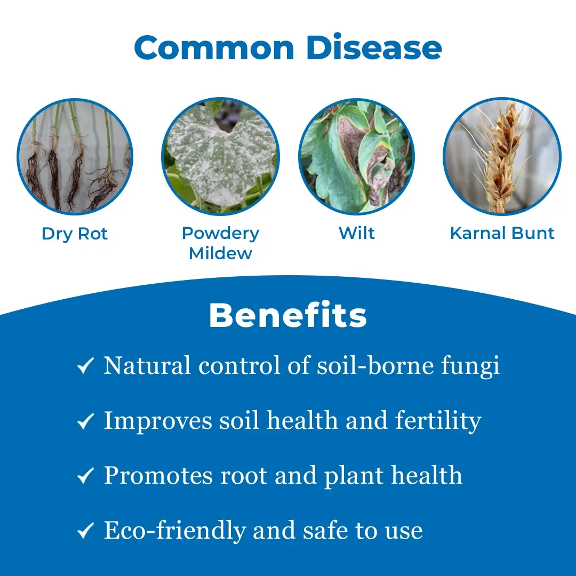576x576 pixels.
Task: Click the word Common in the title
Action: (214, 47)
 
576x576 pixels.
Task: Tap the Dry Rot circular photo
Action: (75, 157)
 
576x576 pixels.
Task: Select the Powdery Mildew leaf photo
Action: (220, 156)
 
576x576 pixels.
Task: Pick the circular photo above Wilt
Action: (357, 157)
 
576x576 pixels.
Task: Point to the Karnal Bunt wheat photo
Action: (502, 156)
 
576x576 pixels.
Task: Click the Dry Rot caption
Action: (75, 234)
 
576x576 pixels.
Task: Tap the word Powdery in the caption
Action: (220, 234)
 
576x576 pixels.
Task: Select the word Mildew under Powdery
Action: (220, 253)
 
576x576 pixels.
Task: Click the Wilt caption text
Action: (357, 233)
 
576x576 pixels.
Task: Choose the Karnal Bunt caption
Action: (502, 233)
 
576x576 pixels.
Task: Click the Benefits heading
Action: (288, 315)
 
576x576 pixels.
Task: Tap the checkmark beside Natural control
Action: (85, 366)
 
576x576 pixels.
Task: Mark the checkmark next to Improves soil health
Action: (85, 421)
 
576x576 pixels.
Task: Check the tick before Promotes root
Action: (85, 476)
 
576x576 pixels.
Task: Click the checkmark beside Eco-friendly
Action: (85, 531)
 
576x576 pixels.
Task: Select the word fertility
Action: (438, 421)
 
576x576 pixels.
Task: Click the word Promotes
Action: (158, 475)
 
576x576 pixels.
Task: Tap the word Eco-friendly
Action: (174, 531)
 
